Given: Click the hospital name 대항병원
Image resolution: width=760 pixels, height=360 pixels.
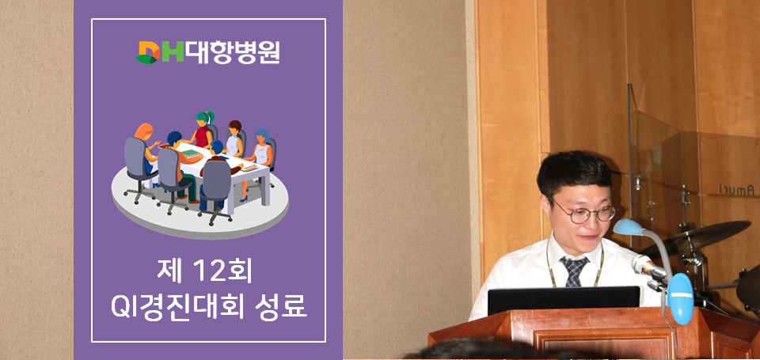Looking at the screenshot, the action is [233, 52].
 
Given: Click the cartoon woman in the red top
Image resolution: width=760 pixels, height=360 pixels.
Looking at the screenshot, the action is [203, 131].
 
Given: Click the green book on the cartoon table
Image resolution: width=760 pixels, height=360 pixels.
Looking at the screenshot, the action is [191, 153].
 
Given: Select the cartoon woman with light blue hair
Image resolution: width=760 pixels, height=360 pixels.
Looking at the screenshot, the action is [261, 148].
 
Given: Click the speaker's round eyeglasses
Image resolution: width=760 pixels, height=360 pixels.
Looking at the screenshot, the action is [584, 212].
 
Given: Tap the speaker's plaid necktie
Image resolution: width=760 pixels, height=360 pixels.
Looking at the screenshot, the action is [575, 271].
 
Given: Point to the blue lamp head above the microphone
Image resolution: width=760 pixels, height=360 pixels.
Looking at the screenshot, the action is [629, 227].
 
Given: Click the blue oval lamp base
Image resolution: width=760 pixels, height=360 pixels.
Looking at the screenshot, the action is [681, 298].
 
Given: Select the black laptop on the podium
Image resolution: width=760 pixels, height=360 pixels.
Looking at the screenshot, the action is [564, 301].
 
